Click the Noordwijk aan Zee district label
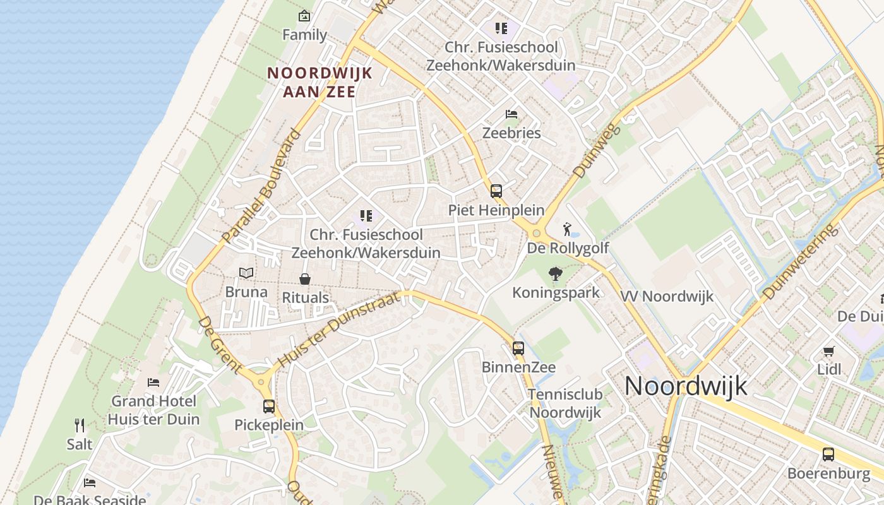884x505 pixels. click(320, 82)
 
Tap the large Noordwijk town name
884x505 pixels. click(686, 385)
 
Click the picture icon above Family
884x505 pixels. click(304, 16)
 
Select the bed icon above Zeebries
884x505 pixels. click(511, 114)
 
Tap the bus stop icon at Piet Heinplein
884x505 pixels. click(496, 191)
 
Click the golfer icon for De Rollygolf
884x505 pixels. click(567, 229)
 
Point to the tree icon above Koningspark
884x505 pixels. click(556, 274)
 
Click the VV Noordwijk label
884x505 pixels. click(667, 296)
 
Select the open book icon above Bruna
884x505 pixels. click(246, 273)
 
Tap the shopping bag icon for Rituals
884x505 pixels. click(305, 279)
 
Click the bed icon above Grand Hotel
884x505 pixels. click(153, 382)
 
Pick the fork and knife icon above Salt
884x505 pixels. click(80, 425)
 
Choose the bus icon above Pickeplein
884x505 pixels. click(269, 407)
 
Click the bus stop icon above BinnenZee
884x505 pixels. click(518, 348)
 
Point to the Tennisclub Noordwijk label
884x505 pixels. click(565, 403)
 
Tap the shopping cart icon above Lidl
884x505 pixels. click(828, 351)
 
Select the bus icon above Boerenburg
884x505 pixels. click(828, 454)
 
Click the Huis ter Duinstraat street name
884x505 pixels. click(340, 328)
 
